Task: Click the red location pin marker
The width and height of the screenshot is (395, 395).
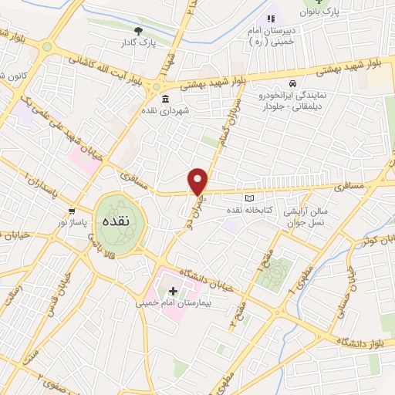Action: click(198, 181)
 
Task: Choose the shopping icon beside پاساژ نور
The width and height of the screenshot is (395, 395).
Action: click(72, 211)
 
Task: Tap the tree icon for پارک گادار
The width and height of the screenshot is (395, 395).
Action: click(138, 31)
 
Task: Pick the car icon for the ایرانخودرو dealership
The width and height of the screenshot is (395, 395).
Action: click(292, 83)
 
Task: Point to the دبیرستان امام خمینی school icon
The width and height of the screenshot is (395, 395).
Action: click(270, 19)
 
